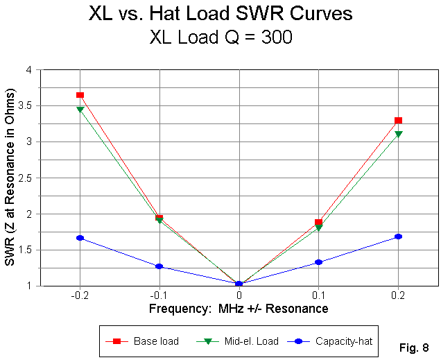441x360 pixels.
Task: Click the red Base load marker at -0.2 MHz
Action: pos(80,95)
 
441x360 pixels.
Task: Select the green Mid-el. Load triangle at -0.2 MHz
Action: pos(80,109)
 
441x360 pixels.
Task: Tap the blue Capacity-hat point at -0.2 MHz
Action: pos(80,238)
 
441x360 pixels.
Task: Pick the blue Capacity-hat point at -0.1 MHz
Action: pos(159,266)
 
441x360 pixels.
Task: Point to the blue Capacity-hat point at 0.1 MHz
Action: pos(318,262)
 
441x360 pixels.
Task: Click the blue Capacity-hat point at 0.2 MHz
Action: pos(398,237)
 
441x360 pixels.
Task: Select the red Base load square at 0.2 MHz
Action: pos(398,121)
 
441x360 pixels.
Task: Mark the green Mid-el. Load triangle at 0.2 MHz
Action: pos(398,134)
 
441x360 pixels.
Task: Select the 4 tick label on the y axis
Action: pos(32,70)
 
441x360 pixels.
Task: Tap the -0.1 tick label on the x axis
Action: pos(159,295)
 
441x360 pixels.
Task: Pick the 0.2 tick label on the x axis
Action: pos(398,295)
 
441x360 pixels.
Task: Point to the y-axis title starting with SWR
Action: pos(11,177)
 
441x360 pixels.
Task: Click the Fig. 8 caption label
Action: pos(415,346)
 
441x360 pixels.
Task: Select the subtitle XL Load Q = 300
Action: pos(220,39)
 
